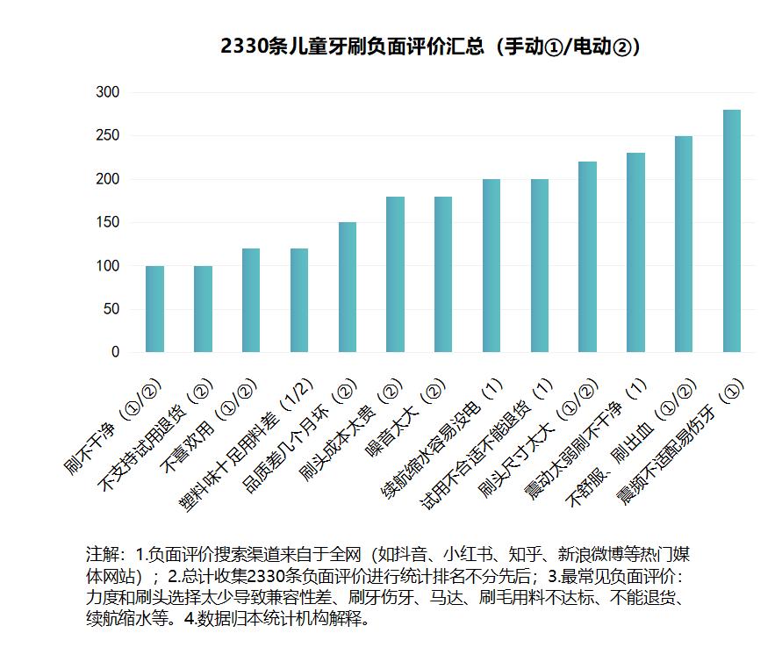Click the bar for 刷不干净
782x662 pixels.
(154, 309)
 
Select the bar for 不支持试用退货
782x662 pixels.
(203, 309)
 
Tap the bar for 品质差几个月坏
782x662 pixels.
(348, 287)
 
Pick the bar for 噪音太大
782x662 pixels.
(443, 274)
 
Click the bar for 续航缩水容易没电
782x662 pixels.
(491, 265)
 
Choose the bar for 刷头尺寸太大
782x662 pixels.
(588, 256)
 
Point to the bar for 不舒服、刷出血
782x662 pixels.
(684, 244)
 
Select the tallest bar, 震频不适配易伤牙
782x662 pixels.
(732, 231)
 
